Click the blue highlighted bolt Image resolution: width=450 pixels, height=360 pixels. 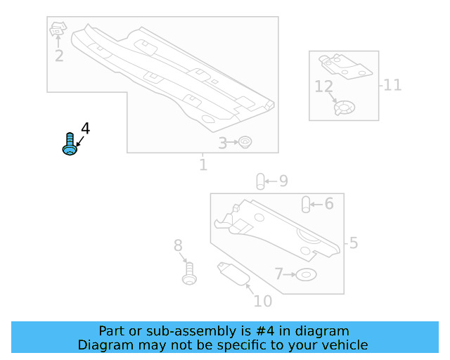(69, 144)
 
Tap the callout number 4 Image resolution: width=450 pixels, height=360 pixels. (85, 128)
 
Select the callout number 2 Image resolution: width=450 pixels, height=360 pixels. (59, 56)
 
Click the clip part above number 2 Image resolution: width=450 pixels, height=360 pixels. (57, 30)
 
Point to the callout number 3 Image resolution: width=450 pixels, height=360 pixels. (222, 143)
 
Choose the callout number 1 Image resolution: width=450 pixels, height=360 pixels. (202, 165)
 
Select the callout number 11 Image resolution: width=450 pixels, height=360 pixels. (392, 85)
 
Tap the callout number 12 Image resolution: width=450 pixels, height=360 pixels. (323, 86)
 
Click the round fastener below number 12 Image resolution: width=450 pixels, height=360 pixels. (344, 109)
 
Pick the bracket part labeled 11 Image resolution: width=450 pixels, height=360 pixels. (345, 65)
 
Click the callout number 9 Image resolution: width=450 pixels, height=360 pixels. (283, 181)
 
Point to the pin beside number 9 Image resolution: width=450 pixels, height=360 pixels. (259, 181)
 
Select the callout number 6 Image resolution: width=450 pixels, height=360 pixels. (328, 204)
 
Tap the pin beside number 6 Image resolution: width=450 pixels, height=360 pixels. (306, 204)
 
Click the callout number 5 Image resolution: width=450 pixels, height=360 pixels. (353, 243)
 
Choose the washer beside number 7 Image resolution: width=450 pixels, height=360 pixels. (306, 274)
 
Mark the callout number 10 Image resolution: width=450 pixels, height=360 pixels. (262, 302)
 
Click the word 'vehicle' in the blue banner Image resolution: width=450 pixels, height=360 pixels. (343, 345)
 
